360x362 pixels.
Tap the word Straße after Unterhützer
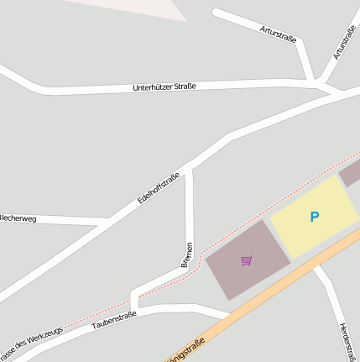coord(185,85)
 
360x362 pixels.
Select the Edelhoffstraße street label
coord(159,189)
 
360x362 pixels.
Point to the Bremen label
coord(187,254)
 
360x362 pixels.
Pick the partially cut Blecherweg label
coord(18,218)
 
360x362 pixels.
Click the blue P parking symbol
coord(315,217)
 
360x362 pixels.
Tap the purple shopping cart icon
coord(246,260)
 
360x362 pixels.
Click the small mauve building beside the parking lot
coord(351,173)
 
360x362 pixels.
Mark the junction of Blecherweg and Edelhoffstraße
coord(109,222)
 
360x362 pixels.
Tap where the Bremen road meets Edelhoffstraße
coord(189,168)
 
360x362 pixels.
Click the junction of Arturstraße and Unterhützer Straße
coord(316,83)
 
